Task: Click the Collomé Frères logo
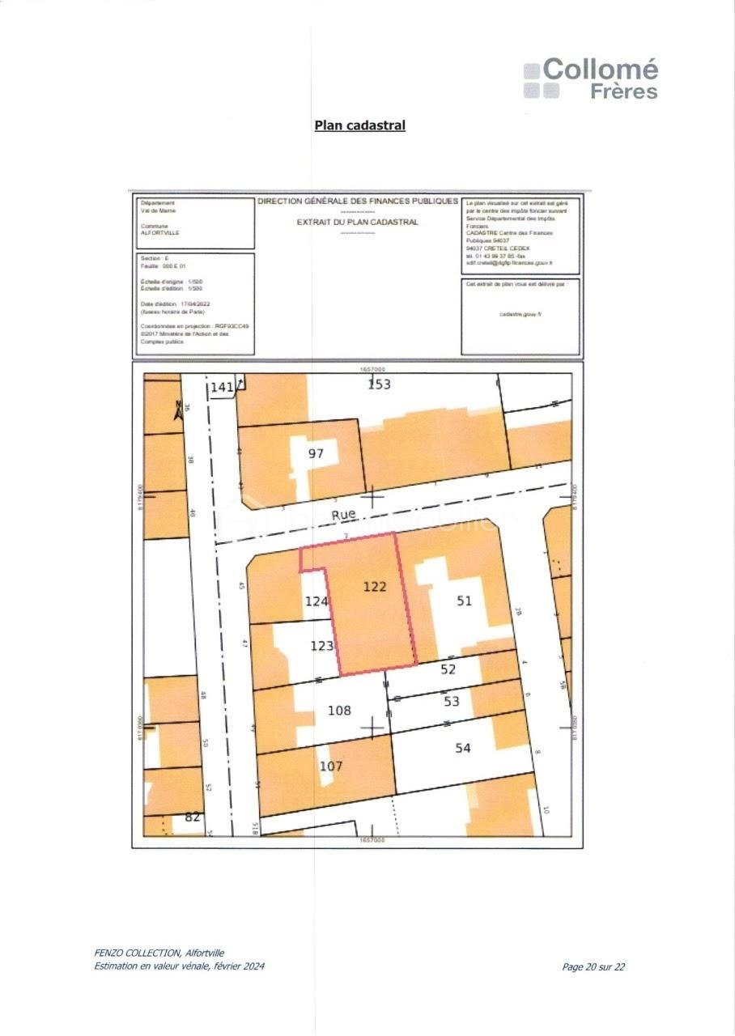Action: [x=591, y=79]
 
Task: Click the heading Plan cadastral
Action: [x=359, y=125]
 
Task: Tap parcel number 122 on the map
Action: [x=375, y=587]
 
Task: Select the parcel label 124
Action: [x=316, y=601]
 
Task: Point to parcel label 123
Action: [x=322, y=645]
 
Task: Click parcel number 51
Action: [x=464, y=600]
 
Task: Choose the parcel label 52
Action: [x=448, y=669]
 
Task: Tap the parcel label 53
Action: [x=452, y=701]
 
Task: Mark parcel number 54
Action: [x=462, y=748]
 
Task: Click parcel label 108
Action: [x=339, y=710]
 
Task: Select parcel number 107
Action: [x=331, y=766]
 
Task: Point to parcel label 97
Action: [x=316, y=453]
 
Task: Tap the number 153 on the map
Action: [x=379, y=384]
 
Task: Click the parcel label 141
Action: [x=222, y=388]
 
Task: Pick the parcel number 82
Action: [x=193, y=817]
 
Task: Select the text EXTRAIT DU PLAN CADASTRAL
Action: [x=357, y=222]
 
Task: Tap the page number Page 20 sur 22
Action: [x=593, y=966]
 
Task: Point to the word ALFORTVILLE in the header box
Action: [x=160, y=232]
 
